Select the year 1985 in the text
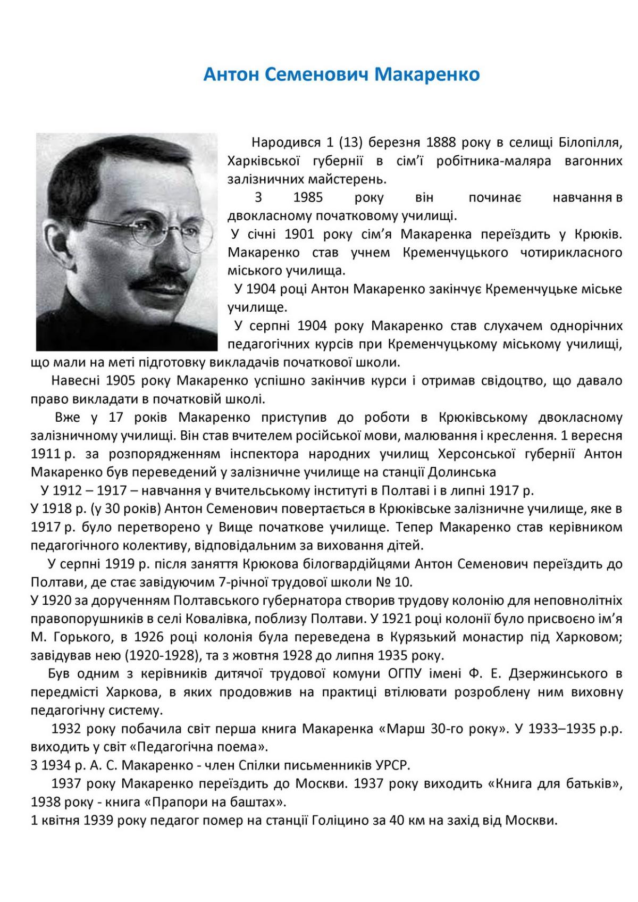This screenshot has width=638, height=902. pos(308,198)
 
